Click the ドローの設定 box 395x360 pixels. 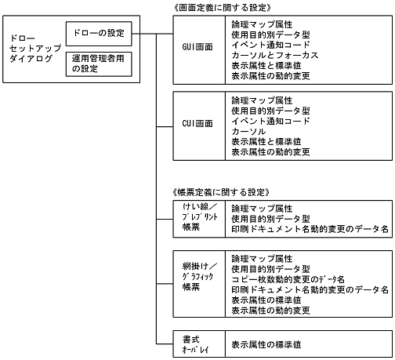point(98,33)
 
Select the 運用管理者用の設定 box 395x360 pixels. point(98,63)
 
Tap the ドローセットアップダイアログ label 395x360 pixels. point(29,49)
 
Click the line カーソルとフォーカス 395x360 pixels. point(275,56)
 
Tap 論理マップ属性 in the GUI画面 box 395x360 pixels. point(262,24)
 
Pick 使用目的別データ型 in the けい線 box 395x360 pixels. point(271,220)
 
